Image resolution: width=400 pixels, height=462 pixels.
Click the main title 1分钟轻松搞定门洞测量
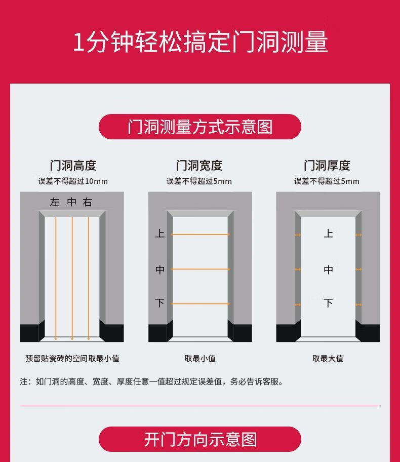point(201,42)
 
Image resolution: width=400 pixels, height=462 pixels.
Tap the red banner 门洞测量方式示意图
point(199,127)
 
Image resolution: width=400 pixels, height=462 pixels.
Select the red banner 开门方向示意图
point(199,439)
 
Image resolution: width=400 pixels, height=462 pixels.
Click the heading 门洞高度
point(73,165)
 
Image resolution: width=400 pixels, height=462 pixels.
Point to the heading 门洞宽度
point(199,165)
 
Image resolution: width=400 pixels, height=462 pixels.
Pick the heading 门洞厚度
point(327,165)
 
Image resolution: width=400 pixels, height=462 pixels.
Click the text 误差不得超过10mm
point(73,181)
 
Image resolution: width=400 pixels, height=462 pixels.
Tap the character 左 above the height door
point(55,202)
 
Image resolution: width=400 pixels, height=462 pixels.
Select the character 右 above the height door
point(88,202)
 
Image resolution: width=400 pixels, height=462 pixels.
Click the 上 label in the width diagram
point(159,234)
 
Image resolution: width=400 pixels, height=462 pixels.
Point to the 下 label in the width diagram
point(159,303)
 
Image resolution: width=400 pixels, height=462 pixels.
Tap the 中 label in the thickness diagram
point(329,269)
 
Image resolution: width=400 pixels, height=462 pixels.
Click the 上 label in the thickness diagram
point(329,234)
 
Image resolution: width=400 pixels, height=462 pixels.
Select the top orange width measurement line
point(201,235)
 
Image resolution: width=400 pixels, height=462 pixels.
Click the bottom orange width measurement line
point(201,304)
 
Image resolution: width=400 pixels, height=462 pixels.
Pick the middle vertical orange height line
point(72,279)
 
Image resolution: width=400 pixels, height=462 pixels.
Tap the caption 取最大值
point(328,358)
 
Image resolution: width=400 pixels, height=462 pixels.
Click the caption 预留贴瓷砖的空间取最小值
point(72,358)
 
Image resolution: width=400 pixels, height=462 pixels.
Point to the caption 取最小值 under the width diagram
point(200,358)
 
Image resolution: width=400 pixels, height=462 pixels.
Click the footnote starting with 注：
point(151,381)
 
